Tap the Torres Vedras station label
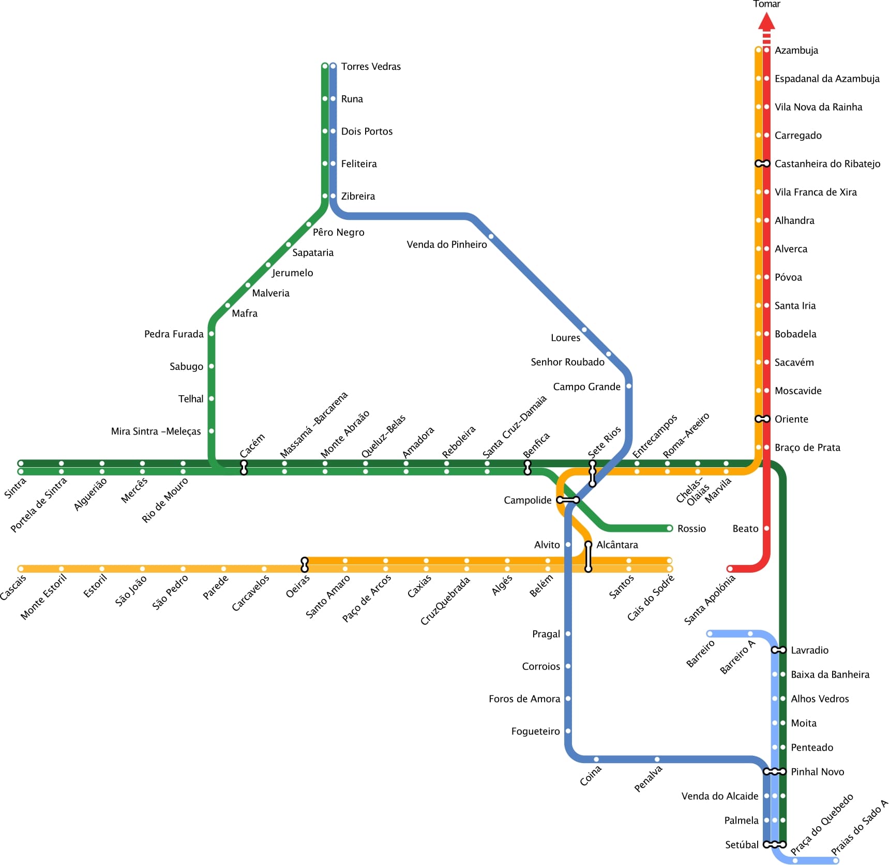[x=371, y=66]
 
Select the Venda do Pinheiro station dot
[x=491, y=237]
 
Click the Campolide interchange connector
[x=568, y=500]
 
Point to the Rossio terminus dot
[x=669, y=528]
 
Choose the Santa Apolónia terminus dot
[x=730, y=569]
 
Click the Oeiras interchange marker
[x=305, y=564]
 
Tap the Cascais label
[x=13, y=588]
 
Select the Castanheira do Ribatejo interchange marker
[x=762, y=163]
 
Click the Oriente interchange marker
[x=762, y=419]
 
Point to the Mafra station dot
[x=228, y=305]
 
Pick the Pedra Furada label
[x=174, y=334]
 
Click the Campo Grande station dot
[x=628, y=386]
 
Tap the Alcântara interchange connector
[x=588, y=557]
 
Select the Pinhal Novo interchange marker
[x=774, y=771]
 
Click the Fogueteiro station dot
[x=568, y=731]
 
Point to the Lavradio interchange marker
[x=778, y=650]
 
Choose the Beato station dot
[x=766, y=528]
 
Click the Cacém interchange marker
[x=244, y=467]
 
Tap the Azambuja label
[x=796, y=50]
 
